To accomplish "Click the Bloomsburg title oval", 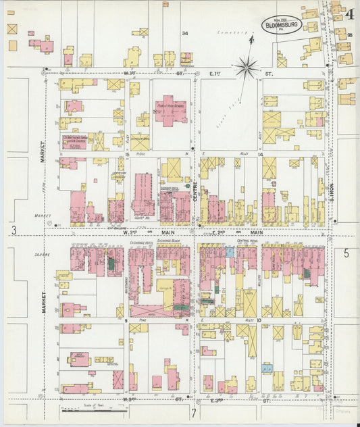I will pyautogui.click(x=282, y=24).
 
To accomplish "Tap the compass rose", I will pyautogui.click(x=247, y=66).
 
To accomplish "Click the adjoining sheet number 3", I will pyautogui.click(x=14, y=230).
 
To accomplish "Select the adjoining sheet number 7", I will pyautogui.click(x=193, y=411).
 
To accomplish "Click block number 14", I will pyautogui.click(x=259, y=155).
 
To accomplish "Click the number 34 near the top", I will pyautogui.click(x=184, y=33).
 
